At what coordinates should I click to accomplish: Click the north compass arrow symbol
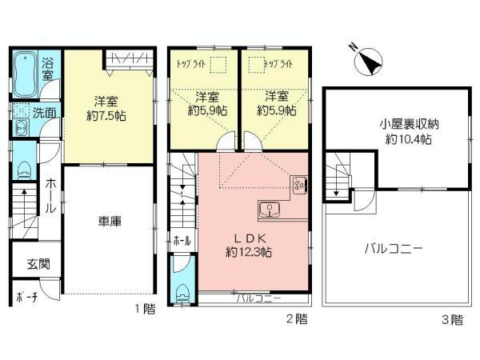point(369,60)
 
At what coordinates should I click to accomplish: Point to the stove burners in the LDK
point(298,185)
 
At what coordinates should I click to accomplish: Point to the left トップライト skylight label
point(192,62)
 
